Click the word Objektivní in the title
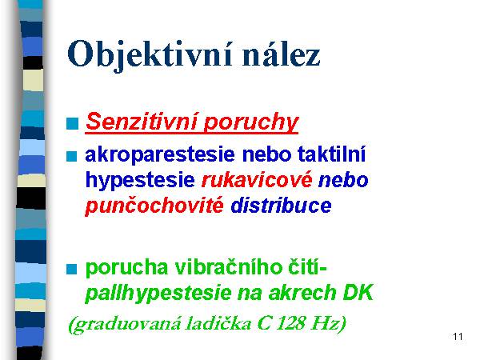pos(150,55)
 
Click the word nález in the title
pos(281,54)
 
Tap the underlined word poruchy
pos(251,123)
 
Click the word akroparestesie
pos(160,155)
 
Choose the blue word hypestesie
pos(140,181)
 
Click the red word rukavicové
pos(257,179)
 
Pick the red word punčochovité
pos(154,206)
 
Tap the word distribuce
pos(281,205)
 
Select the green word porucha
pos(126,268)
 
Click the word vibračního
pos(229,267)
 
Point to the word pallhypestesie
pos(158,293)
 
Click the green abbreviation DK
pos(358,292)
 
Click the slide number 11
pos(458,337)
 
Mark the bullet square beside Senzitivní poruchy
pos(73,123)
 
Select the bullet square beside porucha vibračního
pos(71,269)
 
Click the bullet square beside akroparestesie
pos(71,156)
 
